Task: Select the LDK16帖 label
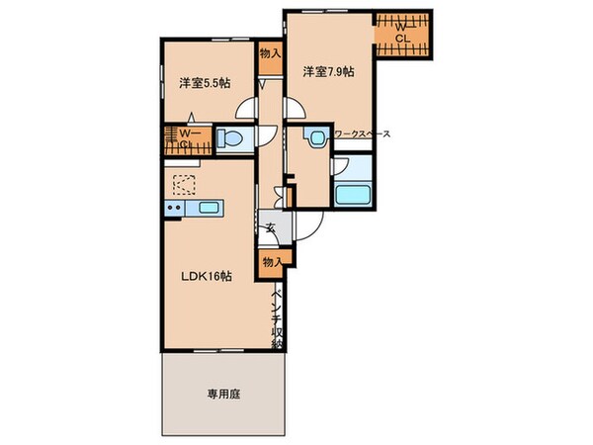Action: pyautogui.click(x=206, y=276)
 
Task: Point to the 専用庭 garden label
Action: pyautogui.click(x=223, y=392)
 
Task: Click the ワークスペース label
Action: pyautogui.click(x=363, y=133)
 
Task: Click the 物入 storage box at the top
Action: pyautogui.click(x=270, y=54)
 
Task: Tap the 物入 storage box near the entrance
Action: pyautogui.click(x=272, y=260)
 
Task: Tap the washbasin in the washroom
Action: pyautogui.click(x=317, y=139)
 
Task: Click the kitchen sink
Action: pyautogui.click(x=209, y=208)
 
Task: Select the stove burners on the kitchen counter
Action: pyautogui.click(x=175, y=208)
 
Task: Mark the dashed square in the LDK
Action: pyautogui.click(x=185, y=185)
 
